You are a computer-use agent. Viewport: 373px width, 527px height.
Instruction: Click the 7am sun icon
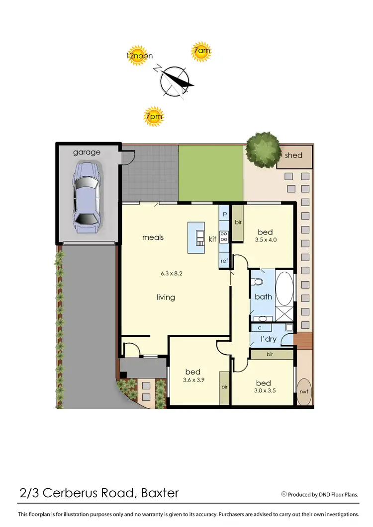point(201,52)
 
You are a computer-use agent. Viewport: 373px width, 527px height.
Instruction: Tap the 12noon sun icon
point(139,56)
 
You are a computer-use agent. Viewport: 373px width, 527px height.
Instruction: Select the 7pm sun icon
point(154,117)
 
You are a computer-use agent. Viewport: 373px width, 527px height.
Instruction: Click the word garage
point(87,152)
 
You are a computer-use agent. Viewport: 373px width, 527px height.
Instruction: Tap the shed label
point(293,155)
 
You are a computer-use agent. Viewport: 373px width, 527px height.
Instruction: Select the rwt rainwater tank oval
point(304,391)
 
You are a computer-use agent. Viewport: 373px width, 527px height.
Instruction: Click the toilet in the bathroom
point(257,282)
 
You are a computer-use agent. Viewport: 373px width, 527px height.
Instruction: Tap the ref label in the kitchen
point(224,261)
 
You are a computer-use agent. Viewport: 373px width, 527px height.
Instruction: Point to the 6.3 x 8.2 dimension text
point(171,273)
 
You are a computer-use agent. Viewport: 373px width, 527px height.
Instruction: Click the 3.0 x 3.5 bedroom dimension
point(264,390)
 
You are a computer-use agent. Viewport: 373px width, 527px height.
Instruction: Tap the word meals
point(153,237)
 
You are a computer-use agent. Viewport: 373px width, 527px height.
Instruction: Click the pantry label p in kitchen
point(224,214)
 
